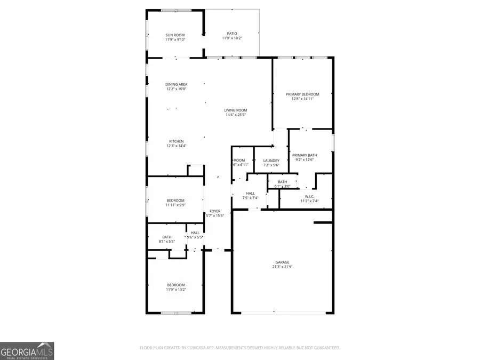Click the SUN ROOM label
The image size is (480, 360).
175,35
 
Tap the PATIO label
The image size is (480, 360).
232,34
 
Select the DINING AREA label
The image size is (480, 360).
176,84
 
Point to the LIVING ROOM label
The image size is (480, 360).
235,110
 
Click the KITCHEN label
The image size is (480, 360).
176,141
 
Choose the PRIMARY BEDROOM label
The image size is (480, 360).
302,94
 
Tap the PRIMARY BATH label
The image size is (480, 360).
304,155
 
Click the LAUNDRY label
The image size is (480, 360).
271,161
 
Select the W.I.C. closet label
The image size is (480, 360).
309,196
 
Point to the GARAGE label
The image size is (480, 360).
282,262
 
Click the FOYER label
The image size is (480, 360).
214,211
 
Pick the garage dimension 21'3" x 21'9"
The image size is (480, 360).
282,267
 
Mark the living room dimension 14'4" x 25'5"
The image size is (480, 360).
235,115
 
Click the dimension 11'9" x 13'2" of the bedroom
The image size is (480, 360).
175,290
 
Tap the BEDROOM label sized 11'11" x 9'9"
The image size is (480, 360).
175,201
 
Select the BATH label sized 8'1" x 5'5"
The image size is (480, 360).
167,237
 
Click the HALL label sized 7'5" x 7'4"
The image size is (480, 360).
250,193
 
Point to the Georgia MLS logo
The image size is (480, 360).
27,351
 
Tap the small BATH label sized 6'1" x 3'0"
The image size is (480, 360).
282,181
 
